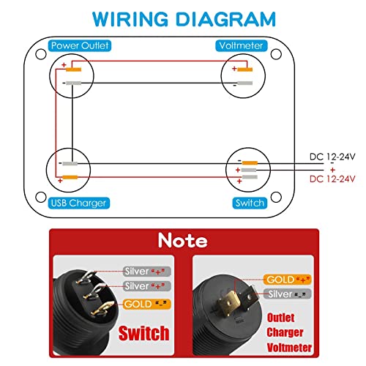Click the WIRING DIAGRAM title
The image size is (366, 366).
[184, 19]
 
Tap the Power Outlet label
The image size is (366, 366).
[80, 45]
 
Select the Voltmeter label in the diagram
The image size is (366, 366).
[241, 45]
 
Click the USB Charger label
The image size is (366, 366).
[78, 203]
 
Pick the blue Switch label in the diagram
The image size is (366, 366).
[250, 203]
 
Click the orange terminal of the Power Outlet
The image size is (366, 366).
[74, 70]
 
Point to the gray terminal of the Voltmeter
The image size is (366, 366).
[244, 83]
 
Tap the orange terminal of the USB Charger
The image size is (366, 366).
[70, 177]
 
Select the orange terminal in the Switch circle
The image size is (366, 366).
[250, 163]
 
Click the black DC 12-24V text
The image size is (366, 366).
[332, 157]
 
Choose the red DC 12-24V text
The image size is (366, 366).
[332, 179]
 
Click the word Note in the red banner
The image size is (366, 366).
[183, 240]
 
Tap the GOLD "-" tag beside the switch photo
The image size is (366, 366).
[146, 304]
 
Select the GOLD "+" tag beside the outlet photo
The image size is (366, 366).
[288, 280]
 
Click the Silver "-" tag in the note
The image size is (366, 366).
[288, 294]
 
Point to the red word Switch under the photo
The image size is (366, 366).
[144, 333]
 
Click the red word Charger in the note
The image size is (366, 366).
[285, 332]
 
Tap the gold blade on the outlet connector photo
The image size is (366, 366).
[229, 302]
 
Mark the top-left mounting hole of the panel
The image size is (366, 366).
[41, 54]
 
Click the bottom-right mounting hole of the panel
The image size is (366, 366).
[276, 197]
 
